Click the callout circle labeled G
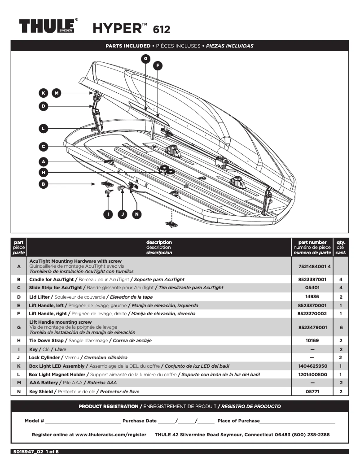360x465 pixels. pos(145,58)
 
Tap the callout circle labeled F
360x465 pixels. pos(158,65)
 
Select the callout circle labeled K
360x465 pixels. pos(43,93)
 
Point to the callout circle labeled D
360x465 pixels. pos(43,106)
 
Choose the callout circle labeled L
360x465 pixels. pos(43,129)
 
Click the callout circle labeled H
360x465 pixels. pos(43,172)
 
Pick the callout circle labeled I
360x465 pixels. pos(108,214)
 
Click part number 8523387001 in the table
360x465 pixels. pos(312,279)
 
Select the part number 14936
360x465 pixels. pos(312,297)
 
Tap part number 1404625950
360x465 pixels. pos(312,366)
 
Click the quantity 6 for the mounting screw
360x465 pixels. pos(341,328)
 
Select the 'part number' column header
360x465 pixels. pos(312,243)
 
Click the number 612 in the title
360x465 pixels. pos(162,30)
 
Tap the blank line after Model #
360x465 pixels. pos(83,421)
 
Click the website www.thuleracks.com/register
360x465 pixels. pos(111,435)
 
